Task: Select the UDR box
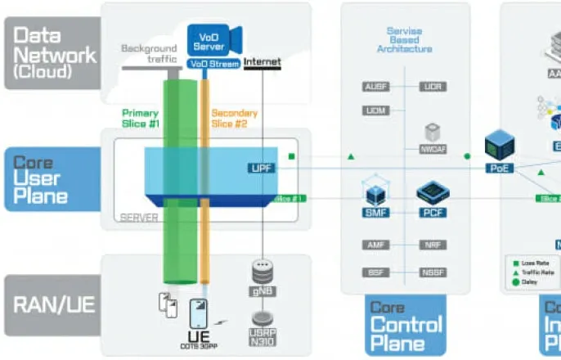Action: coord(433,86)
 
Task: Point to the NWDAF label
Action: coord(433,150)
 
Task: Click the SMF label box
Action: coord(375,213)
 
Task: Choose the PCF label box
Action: coord(433,213)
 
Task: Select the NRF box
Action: coord(433,245)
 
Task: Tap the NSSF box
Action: coord(433,272)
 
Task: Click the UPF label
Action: coord(261,168)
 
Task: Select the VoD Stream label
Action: coord(213,63)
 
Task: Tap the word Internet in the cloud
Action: coord(262,62)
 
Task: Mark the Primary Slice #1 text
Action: coord(140,118)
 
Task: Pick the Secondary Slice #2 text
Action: coord(235,118)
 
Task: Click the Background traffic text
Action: coord(149,53)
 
